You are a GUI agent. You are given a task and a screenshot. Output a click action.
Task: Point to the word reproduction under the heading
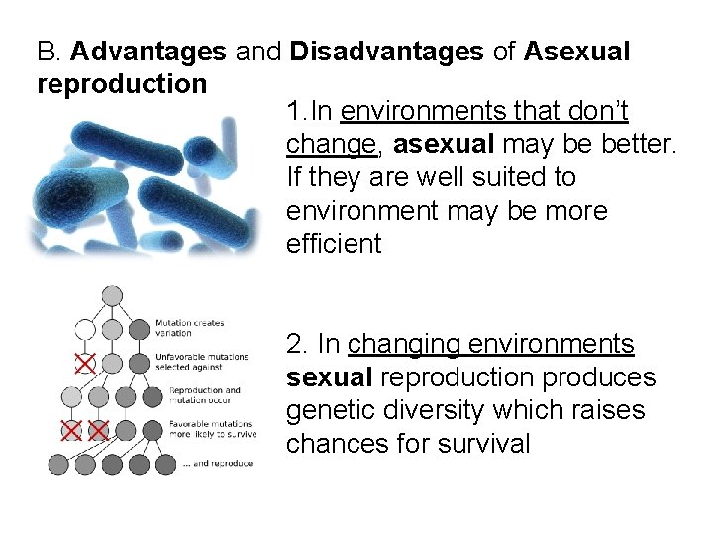(121, 83)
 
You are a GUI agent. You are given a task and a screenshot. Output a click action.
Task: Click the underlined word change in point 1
(331, 146)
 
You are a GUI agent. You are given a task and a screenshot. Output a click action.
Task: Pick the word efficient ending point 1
(333, 244)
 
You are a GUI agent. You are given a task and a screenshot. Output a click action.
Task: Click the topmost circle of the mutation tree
(112, 294)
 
